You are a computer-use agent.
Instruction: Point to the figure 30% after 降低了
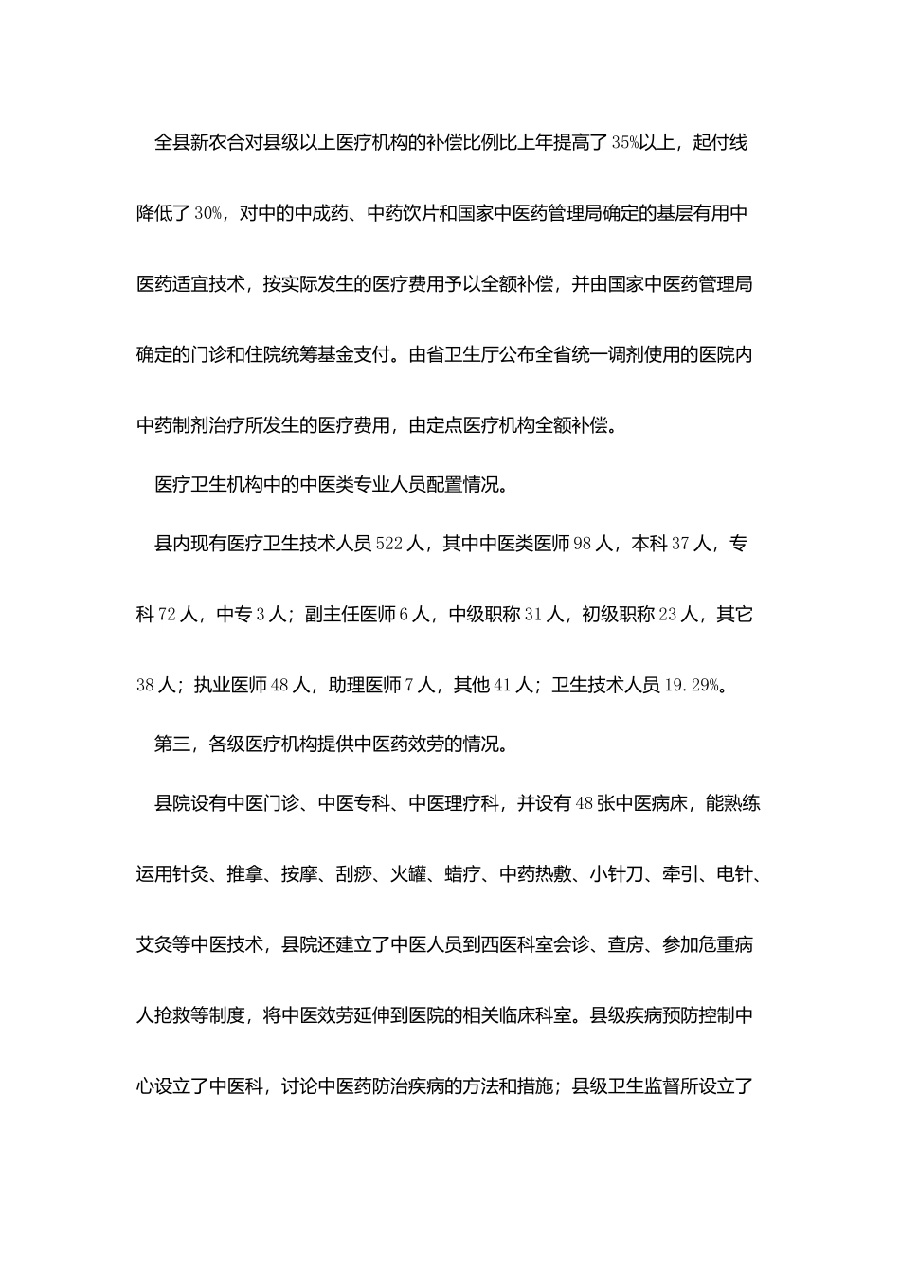click(208, 214)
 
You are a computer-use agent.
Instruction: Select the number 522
click(389, 545)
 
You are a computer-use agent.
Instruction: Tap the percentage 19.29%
click(692, 685)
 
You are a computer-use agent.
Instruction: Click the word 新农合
click(217, 144)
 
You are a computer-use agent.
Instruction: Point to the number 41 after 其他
click(502, 685)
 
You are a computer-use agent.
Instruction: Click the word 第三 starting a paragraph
click(172, 744)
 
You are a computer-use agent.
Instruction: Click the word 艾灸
click(154, 944)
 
